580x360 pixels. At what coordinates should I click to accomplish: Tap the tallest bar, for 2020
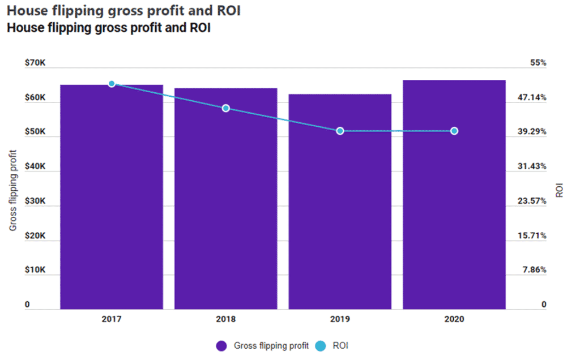click(454, 195)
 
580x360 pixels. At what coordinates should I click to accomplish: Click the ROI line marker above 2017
click(112, 84)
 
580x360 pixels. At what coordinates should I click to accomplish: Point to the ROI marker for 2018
click(225, 108)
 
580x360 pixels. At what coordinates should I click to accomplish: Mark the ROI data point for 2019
click(340, 131)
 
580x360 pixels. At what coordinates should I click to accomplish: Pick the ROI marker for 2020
click(454, 131)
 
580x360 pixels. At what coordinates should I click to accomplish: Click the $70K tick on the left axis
click(35, 63)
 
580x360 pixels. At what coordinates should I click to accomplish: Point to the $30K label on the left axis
click(35, 202)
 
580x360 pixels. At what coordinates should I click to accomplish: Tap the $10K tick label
click(35, 271)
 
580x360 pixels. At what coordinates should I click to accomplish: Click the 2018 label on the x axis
click(225, 319)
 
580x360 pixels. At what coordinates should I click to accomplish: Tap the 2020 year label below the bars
click(454, 319)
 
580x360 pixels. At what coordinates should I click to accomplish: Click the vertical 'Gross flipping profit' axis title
click(12, 190)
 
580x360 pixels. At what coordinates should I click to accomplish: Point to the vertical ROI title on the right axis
click(560, 189)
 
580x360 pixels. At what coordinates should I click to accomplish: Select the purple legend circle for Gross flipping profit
click(221, 346)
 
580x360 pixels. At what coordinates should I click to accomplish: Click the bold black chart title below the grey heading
click(108, 28)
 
